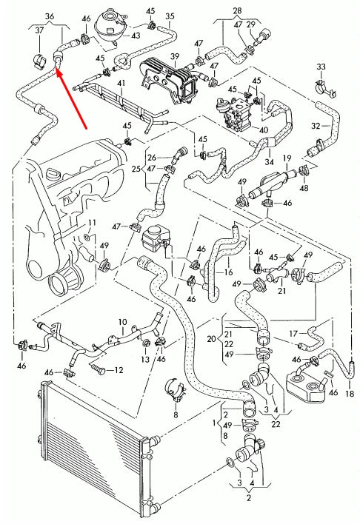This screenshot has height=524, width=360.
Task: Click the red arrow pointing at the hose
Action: (x=72, y=98)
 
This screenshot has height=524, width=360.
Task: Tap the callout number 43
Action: (x=135, y=36)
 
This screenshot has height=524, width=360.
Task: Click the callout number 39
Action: (x=175, y=56)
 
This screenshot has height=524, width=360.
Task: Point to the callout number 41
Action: (x=121, y=83)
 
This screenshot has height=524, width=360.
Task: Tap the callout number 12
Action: (x=119, y=370)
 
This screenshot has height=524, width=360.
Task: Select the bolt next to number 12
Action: (x=97, y=369)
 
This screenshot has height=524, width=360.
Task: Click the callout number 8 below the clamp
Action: (x=176, y=414)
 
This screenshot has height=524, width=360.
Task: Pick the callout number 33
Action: (x=321, y=67)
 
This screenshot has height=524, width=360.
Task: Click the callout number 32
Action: (x=316, y=126)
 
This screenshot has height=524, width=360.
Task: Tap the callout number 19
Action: (x=287, y=158)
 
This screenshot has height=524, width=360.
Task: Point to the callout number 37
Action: (x=39, y=30)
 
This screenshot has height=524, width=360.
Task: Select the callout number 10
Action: (x=122, y=322)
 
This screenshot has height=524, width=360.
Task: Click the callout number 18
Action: (x=350, y=394)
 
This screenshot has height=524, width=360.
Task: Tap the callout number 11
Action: (x=92, y=223)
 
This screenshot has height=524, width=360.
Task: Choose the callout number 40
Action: (x=264, y=130)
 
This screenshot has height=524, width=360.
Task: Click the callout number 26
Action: (x=152, y=158)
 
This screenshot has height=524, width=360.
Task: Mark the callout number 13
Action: (x=145, y=359)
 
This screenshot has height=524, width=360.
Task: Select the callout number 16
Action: (x=228, y=272)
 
